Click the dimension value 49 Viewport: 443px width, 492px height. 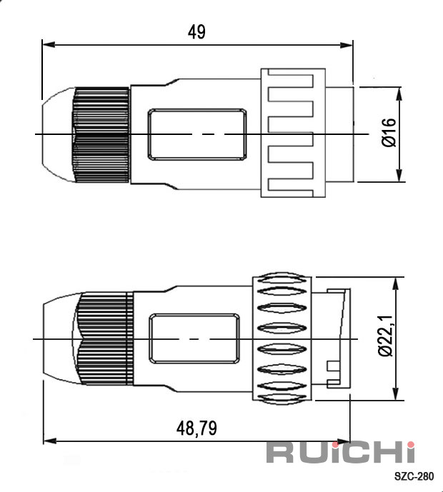pos(197,32)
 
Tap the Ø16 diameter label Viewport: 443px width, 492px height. pos(389,132)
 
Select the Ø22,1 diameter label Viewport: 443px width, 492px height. pos(386,336)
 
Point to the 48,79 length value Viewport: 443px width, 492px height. pos(196,428)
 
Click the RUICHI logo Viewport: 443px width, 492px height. pos(341,452)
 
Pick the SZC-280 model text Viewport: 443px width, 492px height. pos(414,476)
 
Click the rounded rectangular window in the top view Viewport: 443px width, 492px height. pos(197,134)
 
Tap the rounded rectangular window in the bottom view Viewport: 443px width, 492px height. pos(194,339)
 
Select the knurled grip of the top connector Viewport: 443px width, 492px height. pos(101,135)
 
